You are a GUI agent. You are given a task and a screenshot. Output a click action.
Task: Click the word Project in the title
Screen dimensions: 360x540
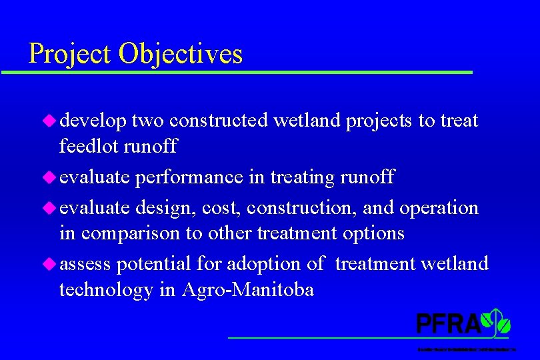pos(70,54)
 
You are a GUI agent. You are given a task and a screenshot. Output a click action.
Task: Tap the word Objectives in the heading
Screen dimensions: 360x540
pos(181,54)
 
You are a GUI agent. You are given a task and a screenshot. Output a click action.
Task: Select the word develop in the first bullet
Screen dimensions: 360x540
pos(93,121)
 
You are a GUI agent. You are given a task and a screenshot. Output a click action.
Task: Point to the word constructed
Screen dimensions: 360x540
pos(218,121)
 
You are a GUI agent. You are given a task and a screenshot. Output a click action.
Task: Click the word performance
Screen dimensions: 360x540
pos(189,177)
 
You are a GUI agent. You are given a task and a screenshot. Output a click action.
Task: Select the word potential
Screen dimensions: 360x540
pos(153,264)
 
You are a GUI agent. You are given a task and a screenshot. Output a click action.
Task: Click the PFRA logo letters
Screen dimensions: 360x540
pos(448,323)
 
